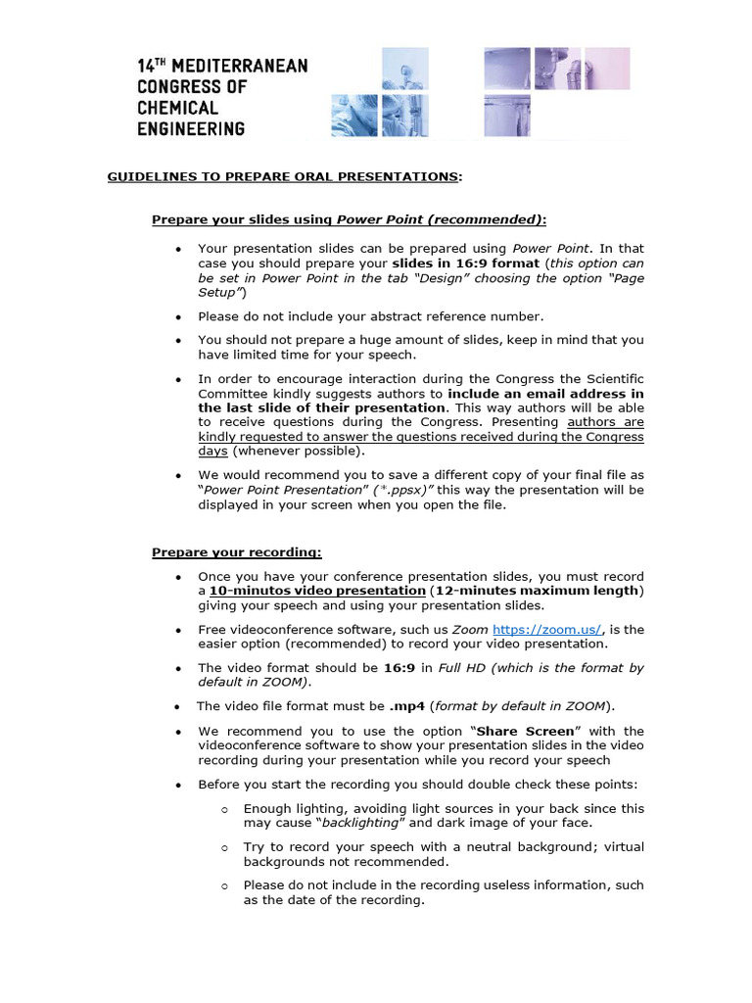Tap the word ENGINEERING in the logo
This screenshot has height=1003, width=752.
(191, 128)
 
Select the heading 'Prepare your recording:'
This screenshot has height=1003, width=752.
(236, 552)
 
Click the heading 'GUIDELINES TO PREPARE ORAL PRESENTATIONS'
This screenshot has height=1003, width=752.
(283, 176)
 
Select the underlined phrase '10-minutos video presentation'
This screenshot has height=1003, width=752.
(317, 592)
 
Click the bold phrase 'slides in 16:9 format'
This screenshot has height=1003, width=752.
(465, 263)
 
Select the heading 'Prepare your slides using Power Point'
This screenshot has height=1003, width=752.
(348, 219)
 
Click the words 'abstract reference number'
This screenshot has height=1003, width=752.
(458, 316)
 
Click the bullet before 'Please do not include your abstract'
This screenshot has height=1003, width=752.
(177, 317)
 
